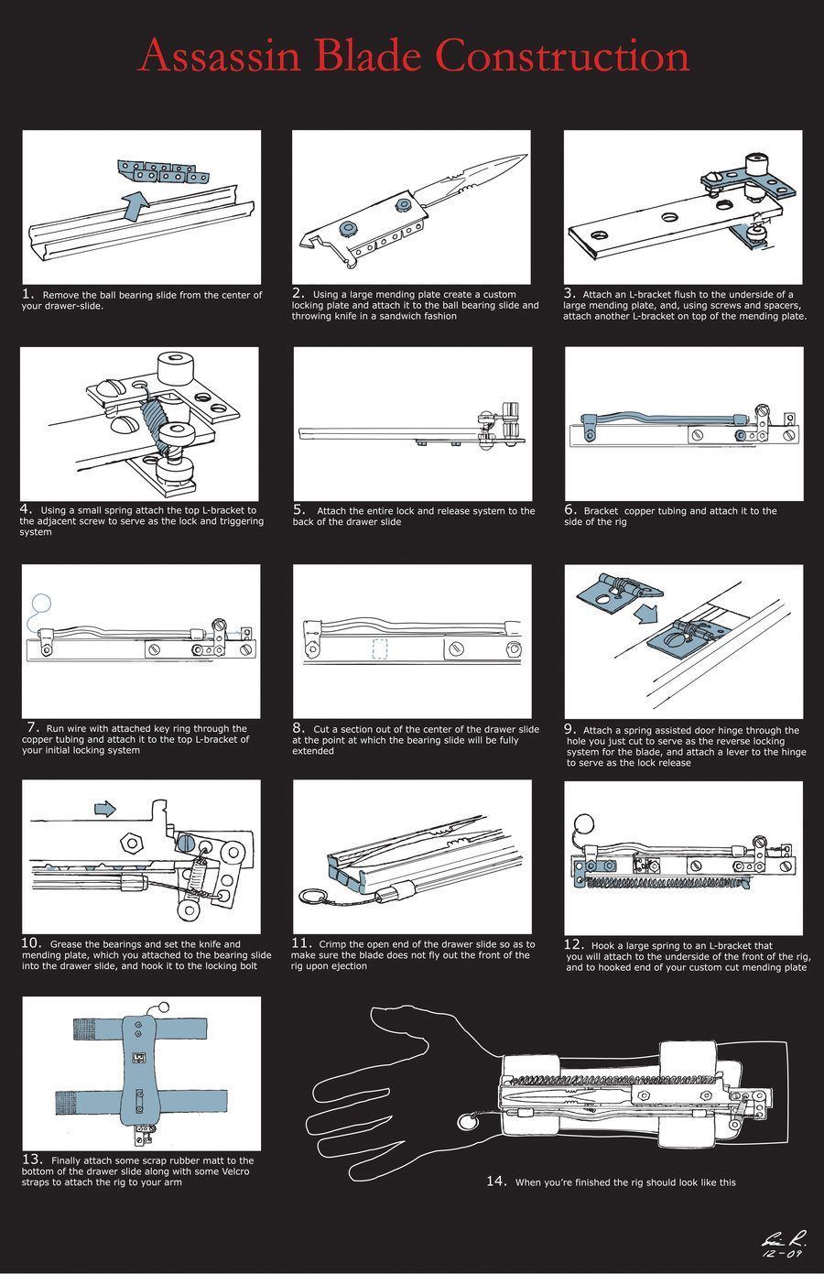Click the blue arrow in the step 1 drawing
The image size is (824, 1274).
(134, 205)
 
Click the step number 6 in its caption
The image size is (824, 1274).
(569, 509)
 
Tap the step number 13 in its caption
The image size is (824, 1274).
(32, 1159)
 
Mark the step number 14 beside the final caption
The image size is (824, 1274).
(496, 1181)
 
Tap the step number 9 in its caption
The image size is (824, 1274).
(569, 729)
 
